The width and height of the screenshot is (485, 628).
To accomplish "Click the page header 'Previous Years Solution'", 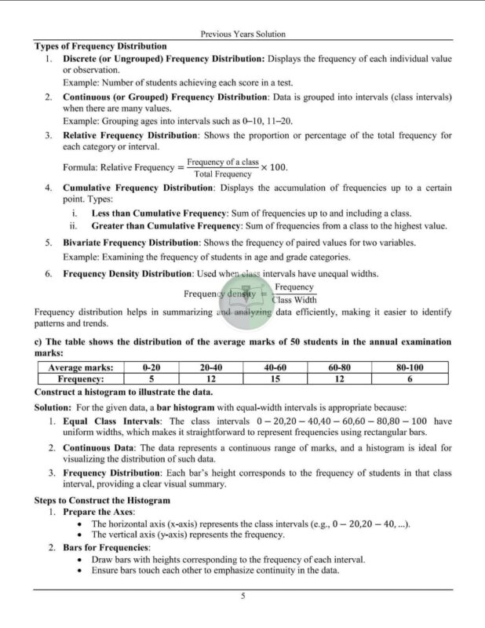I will click(x=242, y=34).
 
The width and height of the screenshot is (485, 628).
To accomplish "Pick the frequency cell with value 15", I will click(x=275, y=378).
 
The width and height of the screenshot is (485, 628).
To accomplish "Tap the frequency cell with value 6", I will click(x=410, y=378).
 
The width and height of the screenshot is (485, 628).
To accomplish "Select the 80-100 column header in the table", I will click(x=410, y=367).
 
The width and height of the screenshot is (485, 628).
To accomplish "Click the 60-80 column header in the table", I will click(x=339, y=367).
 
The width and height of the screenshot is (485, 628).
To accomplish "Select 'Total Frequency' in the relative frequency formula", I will click(x=223, y=174).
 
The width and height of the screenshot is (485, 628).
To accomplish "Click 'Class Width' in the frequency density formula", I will click(x=294, y=299).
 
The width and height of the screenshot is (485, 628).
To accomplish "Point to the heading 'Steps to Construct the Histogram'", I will click(x=102, y=500).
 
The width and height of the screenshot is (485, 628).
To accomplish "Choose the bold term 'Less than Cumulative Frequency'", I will click(x=159, y=214).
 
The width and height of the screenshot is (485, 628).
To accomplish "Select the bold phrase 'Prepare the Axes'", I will click(x=98, y=512).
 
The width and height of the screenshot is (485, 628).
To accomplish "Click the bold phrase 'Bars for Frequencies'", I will click(x=106, y=547).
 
